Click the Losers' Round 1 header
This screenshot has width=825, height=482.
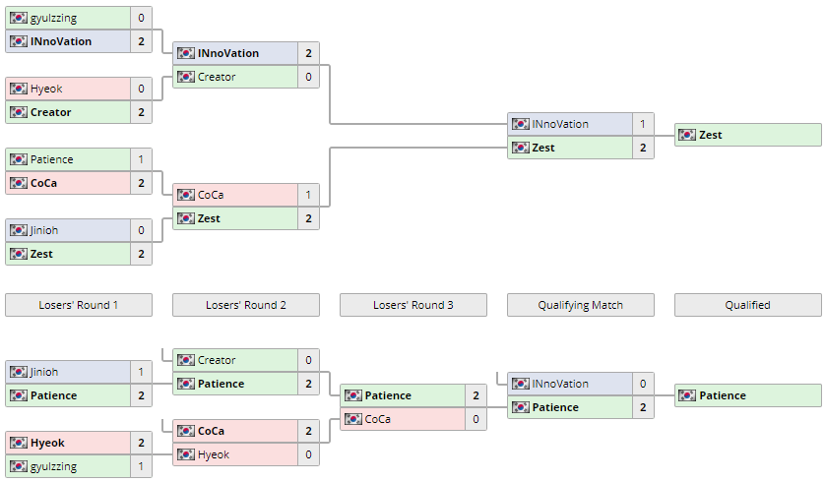pos(79,305)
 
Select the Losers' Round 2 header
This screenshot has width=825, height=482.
pos(246,305)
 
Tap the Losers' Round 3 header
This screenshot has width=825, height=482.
pos(413,305)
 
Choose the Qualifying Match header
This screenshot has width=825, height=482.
pos(581,305)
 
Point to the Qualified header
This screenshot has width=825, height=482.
pos(748,305)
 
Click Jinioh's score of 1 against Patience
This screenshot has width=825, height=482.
pos(141,372)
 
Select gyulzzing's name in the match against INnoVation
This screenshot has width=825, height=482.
pos(53,18)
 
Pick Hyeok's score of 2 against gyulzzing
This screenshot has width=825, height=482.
pos(141,443)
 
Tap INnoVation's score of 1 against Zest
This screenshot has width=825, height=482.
pos(643,124)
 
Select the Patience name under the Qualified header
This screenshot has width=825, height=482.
pos(723,395)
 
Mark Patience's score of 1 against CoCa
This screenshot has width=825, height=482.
pos(141,159)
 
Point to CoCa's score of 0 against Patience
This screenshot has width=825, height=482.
pos(476,419)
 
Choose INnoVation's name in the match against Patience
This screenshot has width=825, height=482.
pos(560,384)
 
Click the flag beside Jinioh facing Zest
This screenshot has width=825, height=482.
pos(19,230)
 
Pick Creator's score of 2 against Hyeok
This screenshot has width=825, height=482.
pos(141,112)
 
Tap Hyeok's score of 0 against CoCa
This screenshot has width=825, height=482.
pos(308,454)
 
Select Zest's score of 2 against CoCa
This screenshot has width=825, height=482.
pos(308,218)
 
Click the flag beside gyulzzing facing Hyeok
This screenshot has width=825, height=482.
pos(19,466)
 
